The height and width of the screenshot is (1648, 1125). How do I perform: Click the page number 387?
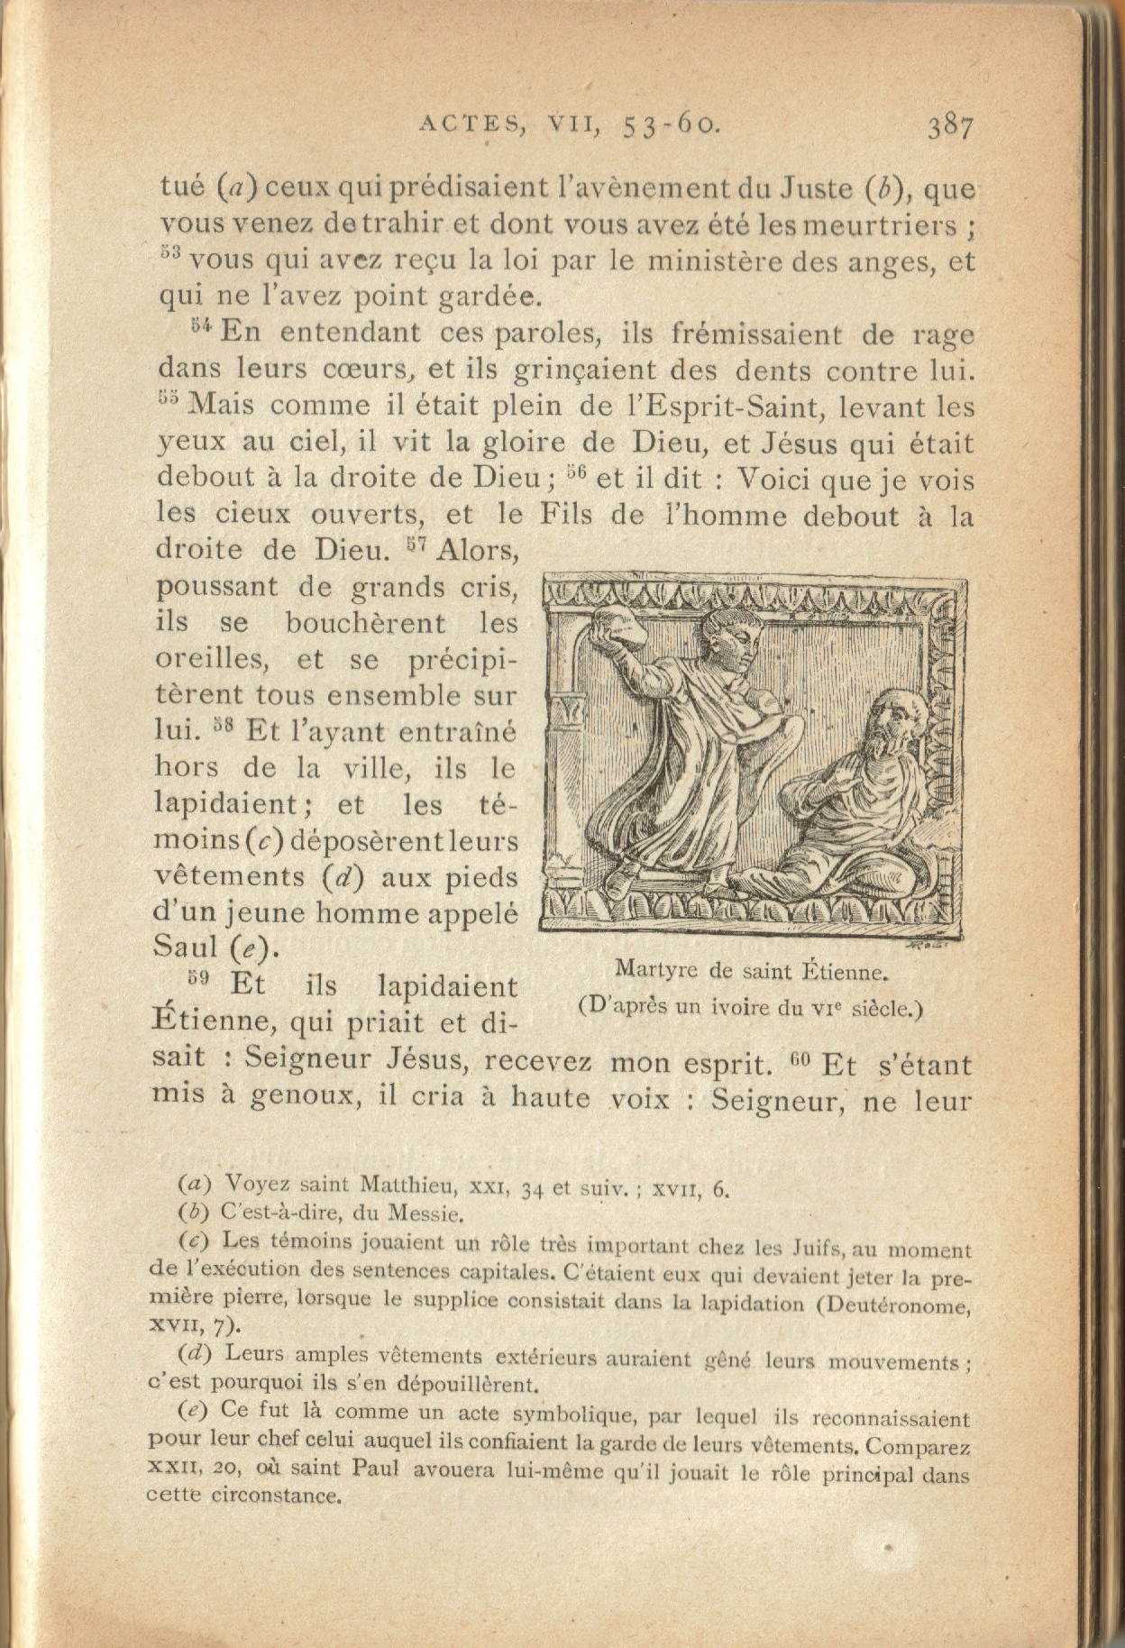(950, 128)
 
